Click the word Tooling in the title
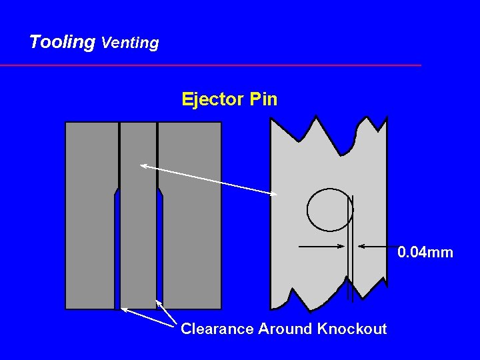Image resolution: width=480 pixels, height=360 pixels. click(62, 42)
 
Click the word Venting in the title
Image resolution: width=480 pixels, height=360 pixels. click(130, 43)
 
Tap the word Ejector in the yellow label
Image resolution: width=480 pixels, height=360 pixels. click(213, 100)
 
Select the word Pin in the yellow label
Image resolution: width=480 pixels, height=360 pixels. click(263, 100)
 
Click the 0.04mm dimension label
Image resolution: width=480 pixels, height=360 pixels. click(425, 253)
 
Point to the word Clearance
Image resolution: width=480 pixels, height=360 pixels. click(217, 329)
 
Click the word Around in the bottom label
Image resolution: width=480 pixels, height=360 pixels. click(287, 329)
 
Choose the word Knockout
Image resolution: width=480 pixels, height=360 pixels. click(352, 329)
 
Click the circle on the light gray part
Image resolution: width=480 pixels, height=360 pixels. click(329, 210)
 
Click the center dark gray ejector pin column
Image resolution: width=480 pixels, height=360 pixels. click(138, 220)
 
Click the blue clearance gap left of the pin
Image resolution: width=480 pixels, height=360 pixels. click(117, 253)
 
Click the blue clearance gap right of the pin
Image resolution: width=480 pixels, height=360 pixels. click(160, 253)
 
